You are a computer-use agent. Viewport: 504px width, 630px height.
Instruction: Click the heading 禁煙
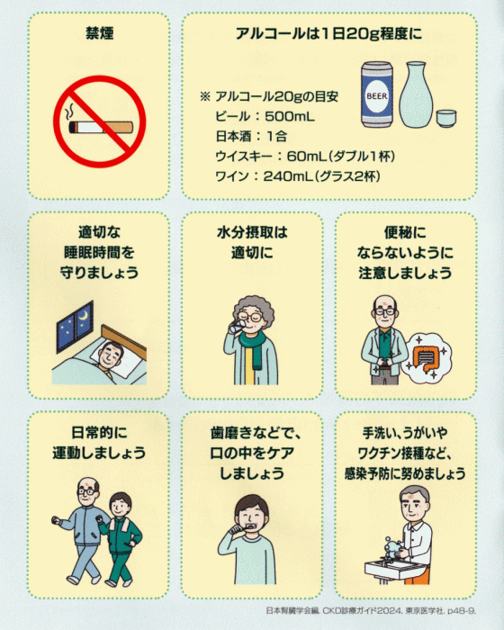tap(99, 34)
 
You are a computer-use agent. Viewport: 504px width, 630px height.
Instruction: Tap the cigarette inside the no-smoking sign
tap(101, 127)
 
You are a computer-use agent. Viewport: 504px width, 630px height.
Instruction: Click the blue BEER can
tap(376, 94)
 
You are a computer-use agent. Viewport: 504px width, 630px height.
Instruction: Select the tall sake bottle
tap(416, 94)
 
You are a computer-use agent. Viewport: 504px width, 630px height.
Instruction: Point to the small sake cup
tap(446, 118)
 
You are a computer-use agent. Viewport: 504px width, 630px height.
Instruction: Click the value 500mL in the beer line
tap(290, 117)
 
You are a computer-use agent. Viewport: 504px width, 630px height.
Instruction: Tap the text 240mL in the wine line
tap(288, 176)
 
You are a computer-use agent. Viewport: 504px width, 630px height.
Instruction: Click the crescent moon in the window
tap(85, 317)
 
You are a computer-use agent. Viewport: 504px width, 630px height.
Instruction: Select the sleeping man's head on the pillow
tap(111, 355)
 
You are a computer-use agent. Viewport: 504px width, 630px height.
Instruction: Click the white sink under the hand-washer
tap(395, 569)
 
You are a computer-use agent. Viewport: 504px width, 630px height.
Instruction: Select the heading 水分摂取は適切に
tap(252, 243)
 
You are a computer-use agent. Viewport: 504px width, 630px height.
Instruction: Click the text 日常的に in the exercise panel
tap(99, 433)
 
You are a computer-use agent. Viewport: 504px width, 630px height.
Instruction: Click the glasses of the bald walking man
tap(87, 491)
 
